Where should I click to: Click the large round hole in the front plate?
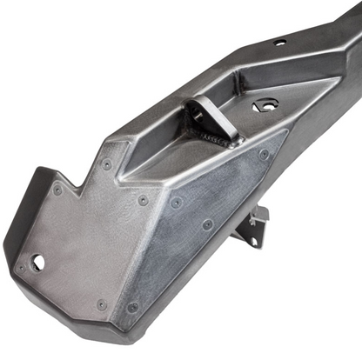37,260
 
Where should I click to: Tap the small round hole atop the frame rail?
279,42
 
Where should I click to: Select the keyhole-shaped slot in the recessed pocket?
265,106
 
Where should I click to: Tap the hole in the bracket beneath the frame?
255,217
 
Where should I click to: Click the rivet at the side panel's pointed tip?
264,155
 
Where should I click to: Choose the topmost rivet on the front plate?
106,163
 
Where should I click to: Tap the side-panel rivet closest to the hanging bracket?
208,224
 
